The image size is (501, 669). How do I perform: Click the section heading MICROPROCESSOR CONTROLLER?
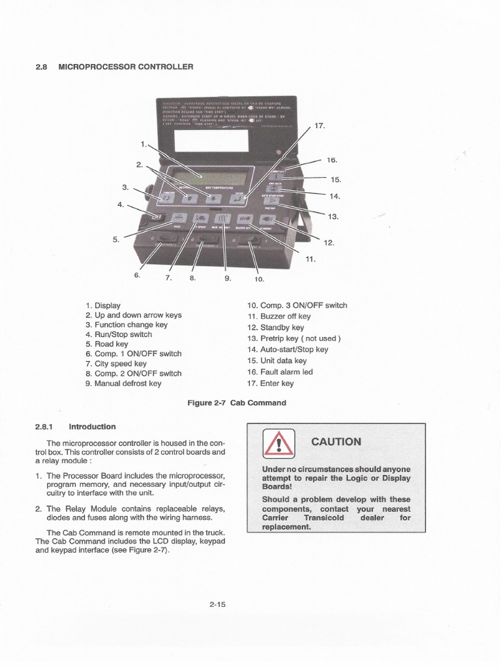click(126, 67)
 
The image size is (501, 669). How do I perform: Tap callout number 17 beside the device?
click(319, 125)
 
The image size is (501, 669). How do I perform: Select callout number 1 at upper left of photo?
click(143, 143)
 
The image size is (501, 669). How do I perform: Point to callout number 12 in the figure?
click(329, 242)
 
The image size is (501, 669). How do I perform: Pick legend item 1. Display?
click(103, 305)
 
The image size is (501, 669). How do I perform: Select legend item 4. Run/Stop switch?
click(118, 334)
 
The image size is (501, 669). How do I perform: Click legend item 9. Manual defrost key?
click(123, 383)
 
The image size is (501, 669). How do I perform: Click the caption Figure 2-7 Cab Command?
click(237, 402)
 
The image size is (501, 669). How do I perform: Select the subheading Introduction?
click(92, 427)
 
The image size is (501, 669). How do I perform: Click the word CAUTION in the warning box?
click(336, 442)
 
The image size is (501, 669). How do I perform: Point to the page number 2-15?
click(217, 604)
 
